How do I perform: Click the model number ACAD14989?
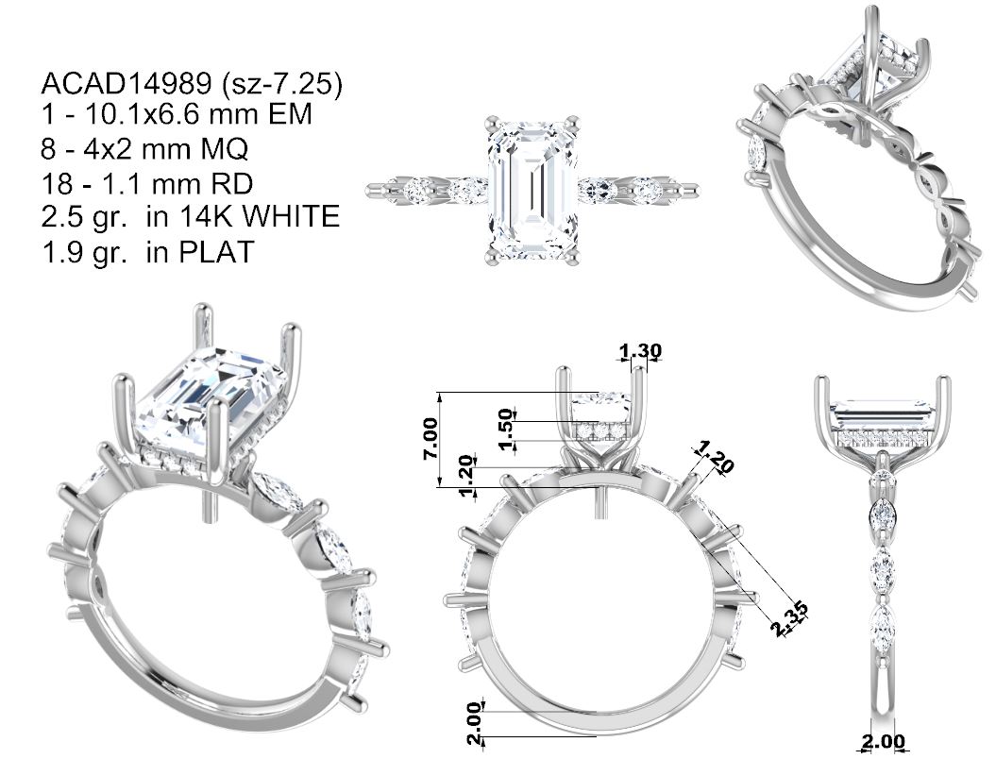[127, 83]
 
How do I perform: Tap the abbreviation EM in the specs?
[290, 114]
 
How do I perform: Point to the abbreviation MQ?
[225, 149]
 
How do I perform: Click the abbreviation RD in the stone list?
[230, 183]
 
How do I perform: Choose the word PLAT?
[216, 251]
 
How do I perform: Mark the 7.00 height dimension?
[430, 438]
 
